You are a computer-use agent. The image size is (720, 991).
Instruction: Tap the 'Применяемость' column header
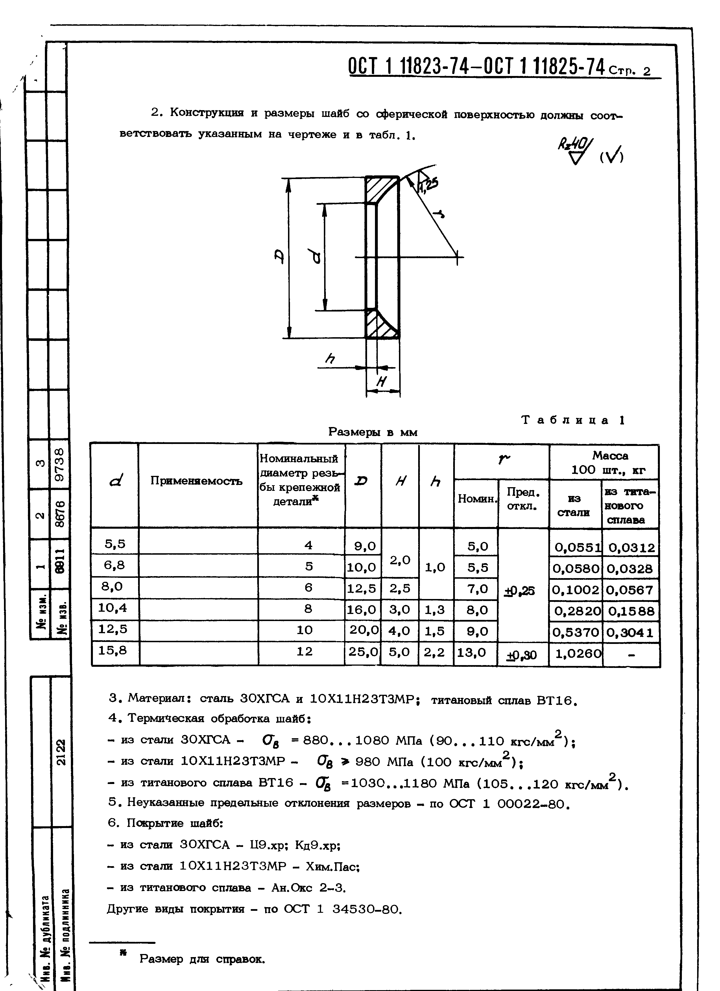[x=196, y=481]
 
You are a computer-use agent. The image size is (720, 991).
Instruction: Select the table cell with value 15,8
[x=112, y=650]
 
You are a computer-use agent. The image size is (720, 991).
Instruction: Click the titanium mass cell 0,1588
[x=631, y=611]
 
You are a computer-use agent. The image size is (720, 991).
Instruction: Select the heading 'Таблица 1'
[x=573, y=420]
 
